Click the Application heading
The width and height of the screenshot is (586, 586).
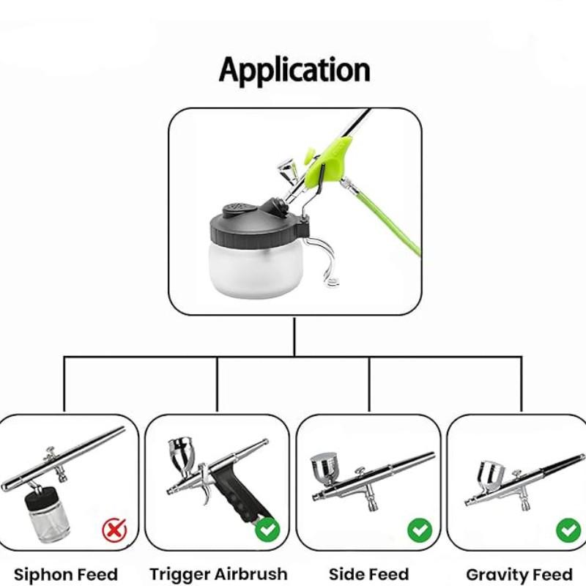(294, 70)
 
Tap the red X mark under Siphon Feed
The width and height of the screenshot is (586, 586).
(114, 530)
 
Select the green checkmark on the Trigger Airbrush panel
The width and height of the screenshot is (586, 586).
(267, 530)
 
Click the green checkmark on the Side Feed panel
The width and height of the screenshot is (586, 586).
(420, 530)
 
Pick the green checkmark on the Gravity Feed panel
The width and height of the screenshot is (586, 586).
(568, 530)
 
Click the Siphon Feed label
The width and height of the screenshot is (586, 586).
(66, 574)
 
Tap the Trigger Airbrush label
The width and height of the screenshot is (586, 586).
(218, 574)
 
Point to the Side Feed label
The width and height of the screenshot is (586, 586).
(369, 574)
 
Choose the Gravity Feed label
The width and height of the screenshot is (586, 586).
(519, 574)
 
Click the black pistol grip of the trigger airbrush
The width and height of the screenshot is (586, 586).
(240, 492)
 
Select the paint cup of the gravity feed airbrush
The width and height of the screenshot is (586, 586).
(490, 475)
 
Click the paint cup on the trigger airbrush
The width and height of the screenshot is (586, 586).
(182, 455)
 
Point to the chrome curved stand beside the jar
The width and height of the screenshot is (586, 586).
(322, 262)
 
